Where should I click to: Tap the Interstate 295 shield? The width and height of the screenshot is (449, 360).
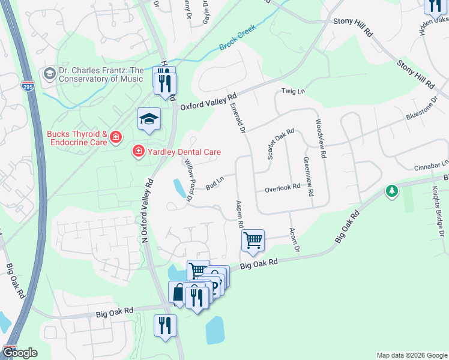point(28,85)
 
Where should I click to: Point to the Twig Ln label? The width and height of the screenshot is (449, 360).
point(294,92)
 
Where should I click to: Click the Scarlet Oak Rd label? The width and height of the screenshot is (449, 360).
point(280,144)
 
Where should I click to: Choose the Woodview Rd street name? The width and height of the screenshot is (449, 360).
point(319,138)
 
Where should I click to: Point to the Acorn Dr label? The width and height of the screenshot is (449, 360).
point(295,239)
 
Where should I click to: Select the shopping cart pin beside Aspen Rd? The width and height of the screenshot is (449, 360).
point(253,240)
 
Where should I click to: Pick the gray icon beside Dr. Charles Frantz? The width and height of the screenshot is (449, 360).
point(50,74)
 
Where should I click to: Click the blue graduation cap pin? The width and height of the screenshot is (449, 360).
point(149,119)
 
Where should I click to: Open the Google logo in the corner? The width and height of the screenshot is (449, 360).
point(20,353)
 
